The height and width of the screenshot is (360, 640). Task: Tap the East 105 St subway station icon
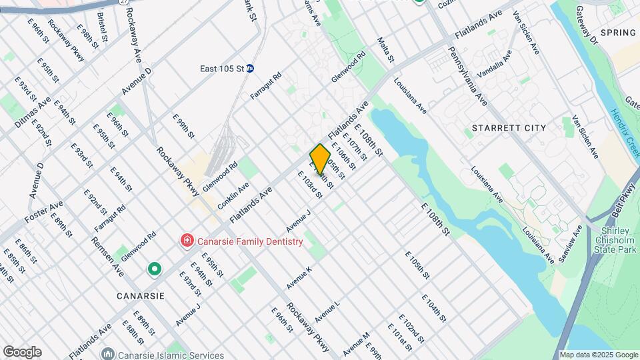click(250, 68)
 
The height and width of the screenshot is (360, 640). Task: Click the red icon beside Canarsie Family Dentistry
click(187, 241)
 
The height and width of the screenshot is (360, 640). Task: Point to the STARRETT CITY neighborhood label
click(509, 127)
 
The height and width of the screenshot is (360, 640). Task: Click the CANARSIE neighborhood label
click(141, 295)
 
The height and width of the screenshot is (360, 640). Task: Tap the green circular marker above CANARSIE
click(155, 269)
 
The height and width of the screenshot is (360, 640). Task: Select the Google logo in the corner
click(22, 352)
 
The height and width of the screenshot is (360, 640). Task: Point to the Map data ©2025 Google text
click(599, 355)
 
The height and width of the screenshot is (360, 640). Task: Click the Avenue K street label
click(299, 278)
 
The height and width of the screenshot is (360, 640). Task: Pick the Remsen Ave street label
click(108, 258)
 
